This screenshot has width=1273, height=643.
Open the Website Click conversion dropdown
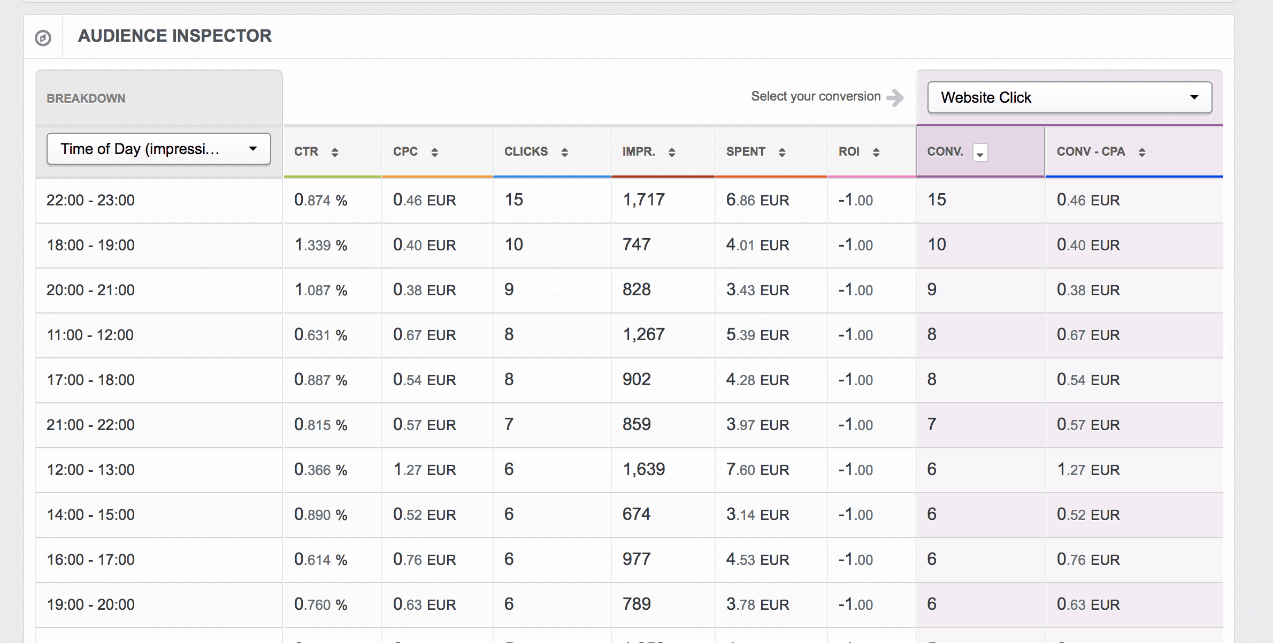pos(1069,97)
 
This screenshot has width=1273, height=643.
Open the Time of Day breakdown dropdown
pos(158,149)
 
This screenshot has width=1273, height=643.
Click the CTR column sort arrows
pos(335,152)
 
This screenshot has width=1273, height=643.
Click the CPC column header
pos(405,152)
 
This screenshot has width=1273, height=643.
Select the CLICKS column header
pos(526,152)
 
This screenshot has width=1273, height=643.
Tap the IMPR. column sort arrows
pos(672,152)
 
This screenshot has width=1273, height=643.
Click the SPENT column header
pos(746,152)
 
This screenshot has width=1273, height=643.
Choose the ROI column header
pos(849,152)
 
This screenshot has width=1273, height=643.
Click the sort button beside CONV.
pos(980,153)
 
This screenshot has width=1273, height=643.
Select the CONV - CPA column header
pos(1091,152)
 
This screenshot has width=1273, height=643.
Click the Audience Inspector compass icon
pos(43,38)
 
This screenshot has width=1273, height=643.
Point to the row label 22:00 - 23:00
pos(90,200)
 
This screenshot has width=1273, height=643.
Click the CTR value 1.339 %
pos(320,245)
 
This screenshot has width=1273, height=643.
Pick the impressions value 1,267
pos(643,335)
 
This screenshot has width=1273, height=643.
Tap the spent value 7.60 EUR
pos(757,470)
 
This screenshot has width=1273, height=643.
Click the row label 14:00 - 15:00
pos(90,515)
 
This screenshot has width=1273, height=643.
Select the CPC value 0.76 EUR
pos(424,560)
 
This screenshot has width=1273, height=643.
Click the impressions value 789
pos(636,604)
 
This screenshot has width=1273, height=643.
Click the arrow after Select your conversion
pos(895,97)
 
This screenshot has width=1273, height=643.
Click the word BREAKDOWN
pos(86,98)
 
